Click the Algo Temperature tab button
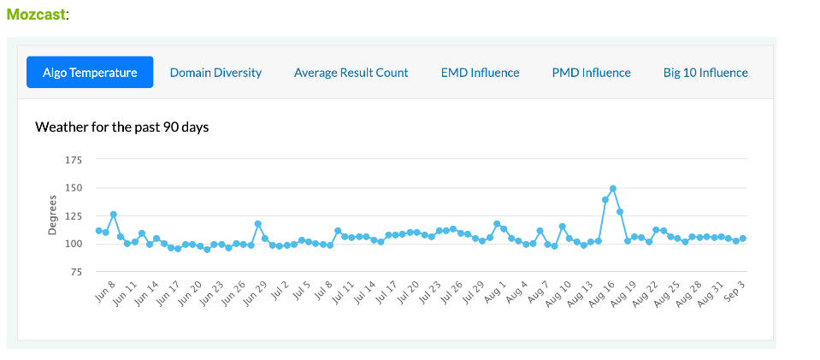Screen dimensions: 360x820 click(90, 73)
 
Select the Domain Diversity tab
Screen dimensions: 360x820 click(215, 73)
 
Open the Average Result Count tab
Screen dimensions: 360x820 click(351, 73)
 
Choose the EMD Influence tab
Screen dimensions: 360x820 click(480, 73)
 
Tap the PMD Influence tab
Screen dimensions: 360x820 click(591, 73)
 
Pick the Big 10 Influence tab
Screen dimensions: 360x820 click(705, 73)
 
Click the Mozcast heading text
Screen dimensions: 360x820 click(36, 15)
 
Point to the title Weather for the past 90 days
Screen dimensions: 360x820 click(122, 127)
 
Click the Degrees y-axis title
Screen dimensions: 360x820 click(52, 215)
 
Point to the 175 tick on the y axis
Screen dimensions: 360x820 click(74, 160)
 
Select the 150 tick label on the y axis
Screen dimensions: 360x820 click(74, 188)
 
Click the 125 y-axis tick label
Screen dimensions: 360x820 click(74, 216)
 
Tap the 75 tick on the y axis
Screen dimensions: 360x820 click(76, 272)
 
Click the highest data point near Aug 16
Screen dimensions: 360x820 click(613, 188)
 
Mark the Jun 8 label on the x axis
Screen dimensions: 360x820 click(105, 288)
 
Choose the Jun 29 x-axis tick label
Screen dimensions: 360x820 click(257, 291)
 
